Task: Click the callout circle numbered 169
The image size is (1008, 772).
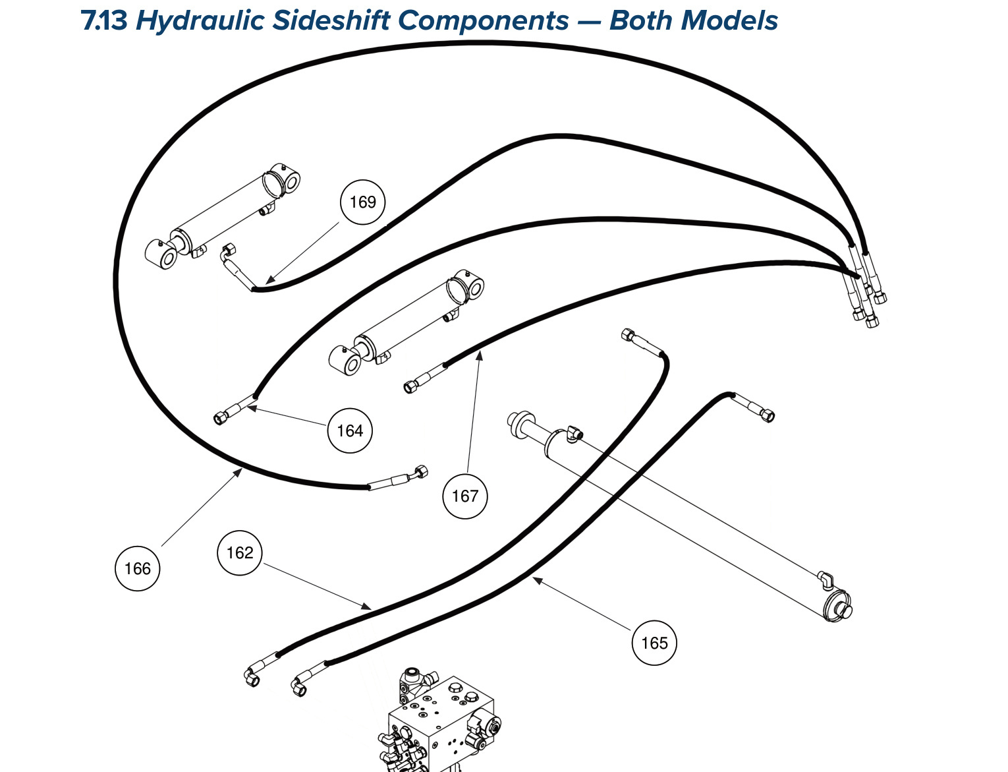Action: point(362,202)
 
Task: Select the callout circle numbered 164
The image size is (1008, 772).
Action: point(350,431)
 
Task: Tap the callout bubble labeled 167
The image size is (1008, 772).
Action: point(464,496)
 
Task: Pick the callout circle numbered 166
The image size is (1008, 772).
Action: point(137,568)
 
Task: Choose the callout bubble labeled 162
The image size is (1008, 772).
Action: point(240,553)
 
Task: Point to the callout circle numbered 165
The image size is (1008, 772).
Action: point(654,643)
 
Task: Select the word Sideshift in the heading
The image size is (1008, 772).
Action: point(331,20)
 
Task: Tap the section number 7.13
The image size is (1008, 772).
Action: point(104,20)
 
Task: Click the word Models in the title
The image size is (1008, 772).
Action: point(729,20)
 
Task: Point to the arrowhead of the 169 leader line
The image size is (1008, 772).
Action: point(270,280)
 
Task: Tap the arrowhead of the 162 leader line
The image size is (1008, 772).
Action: point(366,607)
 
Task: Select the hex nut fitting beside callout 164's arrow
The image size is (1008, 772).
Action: point(220,418)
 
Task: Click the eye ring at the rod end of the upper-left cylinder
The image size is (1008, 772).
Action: point(161,254)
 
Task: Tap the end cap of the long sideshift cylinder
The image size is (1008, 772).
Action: point(837,606)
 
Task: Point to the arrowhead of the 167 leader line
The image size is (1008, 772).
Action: point(479,355)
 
